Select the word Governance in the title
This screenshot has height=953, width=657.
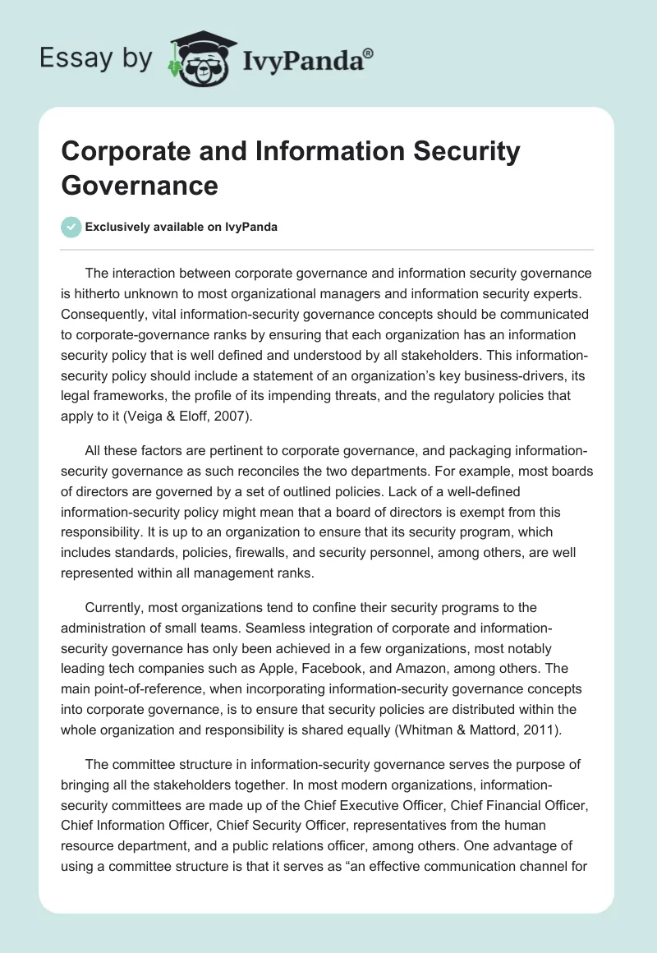point(140,185)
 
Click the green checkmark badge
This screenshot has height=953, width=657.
point(71,227)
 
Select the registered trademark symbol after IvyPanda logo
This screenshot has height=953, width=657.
point(369,53)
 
